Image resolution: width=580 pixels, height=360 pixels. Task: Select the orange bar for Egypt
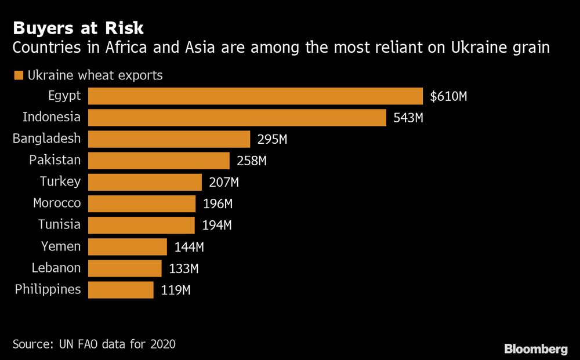point(255,96)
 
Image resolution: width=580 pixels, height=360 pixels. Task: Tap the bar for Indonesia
point(237,118)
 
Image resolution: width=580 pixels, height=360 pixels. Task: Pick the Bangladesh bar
point(169,139)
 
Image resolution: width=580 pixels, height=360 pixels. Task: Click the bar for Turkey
point(144,182)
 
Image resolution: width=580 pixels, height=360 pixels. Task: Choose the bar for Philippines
point(121,290)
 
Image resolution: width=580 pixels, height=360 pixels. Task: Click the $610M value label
point(448,96)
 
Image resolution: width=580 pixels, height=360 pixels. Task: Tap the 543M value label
point(409,118)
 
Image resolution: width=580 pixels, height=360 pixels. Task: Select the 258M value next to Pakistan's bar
point(252,161)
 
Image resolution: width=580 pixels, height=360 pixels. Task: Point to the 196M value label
point(217,204)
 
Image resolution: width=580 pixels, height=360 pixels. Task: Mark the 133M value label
point(183,268)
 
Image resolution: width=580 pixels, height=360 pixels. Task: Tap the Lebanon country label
point(56,268)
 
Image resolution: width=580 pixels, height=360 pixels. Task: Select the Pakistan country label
point(55,160)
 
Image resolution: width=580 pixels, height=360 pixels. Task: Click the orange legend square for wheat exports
point(18,75)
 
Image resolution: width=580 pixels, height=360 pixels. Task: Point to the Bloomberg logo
point(535,349)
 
